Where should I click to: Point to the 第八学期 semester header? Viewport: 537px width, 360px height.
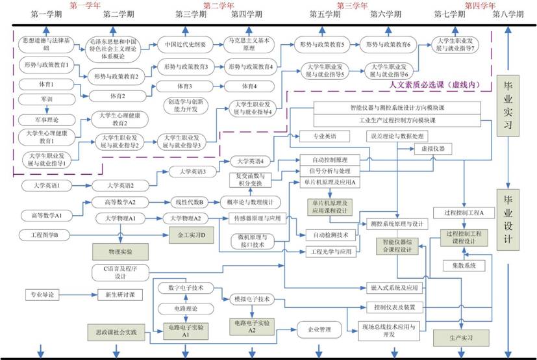509,14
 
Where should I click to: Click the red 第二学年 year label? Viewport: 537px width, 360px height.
219,5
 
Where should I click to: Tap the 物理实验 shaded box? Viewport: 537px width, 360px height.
120,250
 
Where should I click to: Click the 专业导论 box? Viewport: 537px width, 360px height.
42,294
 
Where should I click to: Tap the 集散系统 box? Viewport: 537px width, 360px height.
460,265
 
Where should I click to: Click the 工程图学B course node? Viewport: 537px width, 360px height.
43,234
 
